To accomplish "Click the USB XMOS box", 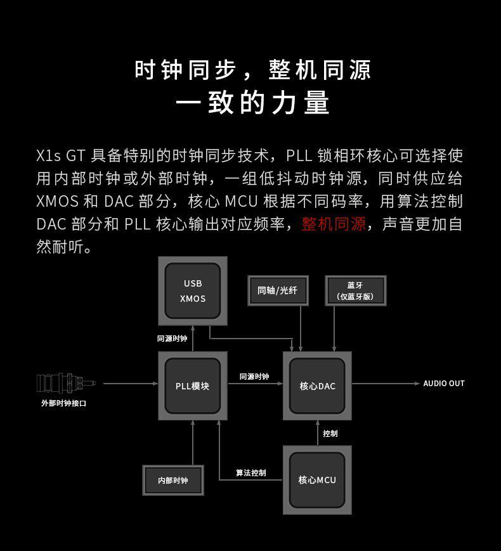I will pyautogui.click(x=192, y=291).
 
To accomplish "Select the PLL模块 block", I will pyautogui.click(x=192, y=386).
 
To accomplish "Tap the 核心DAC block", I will pyautogui.click(x=317, y=386).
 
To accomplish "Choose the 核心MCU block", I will pyautogui.click(x=317, y=480).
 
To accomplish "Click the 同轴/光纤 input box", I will pyautogui.click(x=277, y=290).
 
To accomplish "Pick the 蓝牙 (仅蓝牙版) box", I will pyautogui.click(x=355, y=290).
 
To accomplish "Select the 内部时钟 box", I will pyautogui.click(x=172, y=480).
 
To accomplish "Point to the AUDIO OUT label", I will pyautogui.click(x=443, y=384).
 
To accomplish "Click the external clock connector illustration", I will pyautogui.click(x=65, y=383).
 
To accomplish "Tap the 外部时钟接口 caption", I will pyautogui.click(x=63, y=403).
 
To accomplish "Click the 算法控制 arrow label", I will pyautogui.click(x=251, y=473).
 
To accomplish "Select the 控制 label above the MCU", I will pyautogui.click(x=330, y=434).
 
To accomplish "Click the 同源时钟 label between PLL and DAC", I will pyautogui.click(x=254, y=377).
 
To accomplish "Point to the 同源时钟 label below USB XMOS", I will pyautogui.click(x=172, y=339).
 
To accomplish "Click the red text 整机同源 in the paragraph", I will pyautogui.click(x=334, y=224).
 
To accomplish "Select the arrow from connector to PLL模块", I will pyautogui.click(x=130, y=384).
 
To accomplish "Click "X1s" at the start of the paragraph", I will pyautogui.click(x=48, y=155).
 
